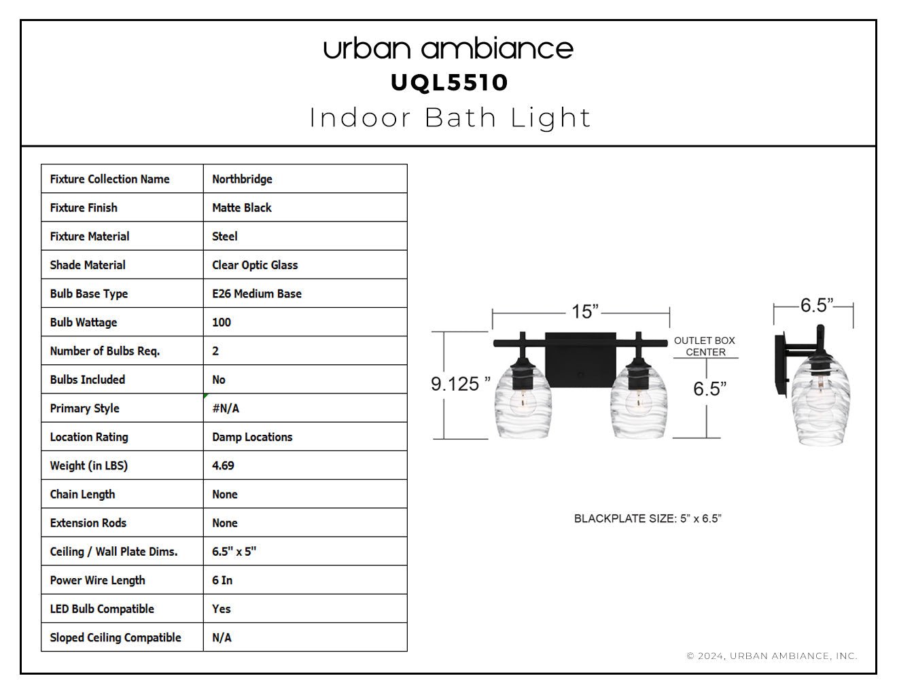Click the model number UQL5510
coord(448,82)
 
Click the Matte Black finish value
coord(241,208)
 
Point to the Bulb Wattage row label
coord(84,322)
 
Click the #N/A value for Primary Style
coord(226,408)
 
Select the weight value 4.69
coord(223,465)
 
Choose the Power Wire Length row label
coord(97,580)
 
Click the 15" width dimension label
coord(584,312)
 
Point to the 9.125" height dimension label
coord(460,384)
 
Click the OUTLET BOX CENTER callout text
coord(705,346)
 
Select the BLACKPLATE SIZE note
coord(647,518)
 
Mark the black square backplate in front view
coord(580,360)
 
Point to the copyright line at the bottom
coord(772,656)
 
